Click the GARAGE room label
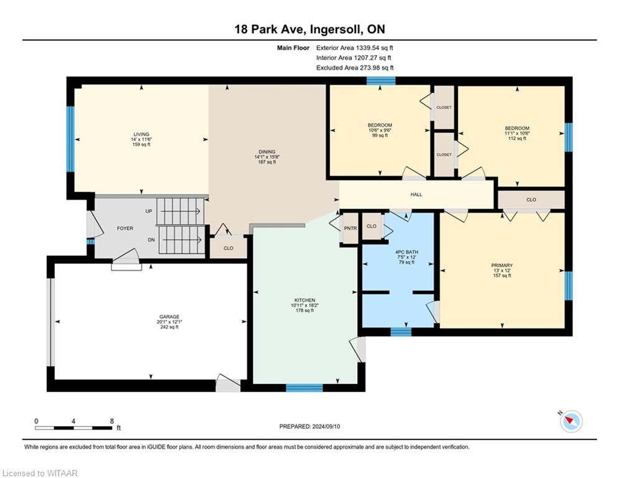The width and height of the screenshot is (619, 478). pos(169,317)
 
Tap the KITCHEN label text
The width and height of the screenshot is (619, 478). pos(305,300)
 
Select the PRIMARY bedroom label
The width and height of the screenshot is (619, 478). pos(502,266)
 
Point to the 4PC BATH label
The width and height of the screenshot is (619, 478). pos(407,252)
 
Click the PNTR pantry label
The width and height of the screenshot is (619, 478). pos(350,228)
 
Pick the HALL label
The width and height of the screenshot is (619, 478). pos(416,194)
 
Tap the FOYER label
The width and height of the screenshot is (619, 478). pos(125,228)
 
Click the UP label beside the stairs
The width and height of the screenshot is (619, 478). pos(149,211)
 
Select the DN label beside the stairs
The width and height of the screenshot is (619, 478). pos(151,240)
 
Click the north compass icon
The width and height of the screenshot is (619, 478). pos(570,421)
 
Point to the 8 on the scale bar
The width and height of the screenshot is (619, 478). pos(112,421)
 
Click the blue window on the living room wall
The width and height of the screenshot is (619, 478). pos(70,139)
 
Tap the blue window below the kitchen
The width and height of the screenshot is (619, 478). pos(304,388)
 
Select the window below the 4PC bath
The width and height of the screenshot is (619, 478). pos(401,332)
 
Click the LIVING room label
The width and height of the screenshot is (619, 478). pos(141,134)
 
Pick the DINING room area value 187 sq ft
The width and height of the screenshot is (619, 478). pos(267,162)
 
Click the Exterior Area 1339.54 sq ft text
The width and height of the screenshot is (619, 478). pos(355,48)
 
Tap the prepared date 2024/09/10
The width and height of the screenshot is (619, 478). pos(326,426)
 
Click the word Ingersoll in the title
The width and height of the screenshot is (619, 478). pos(337,30)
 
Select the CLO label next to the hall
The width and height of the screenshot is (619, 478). pos(531,200)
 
